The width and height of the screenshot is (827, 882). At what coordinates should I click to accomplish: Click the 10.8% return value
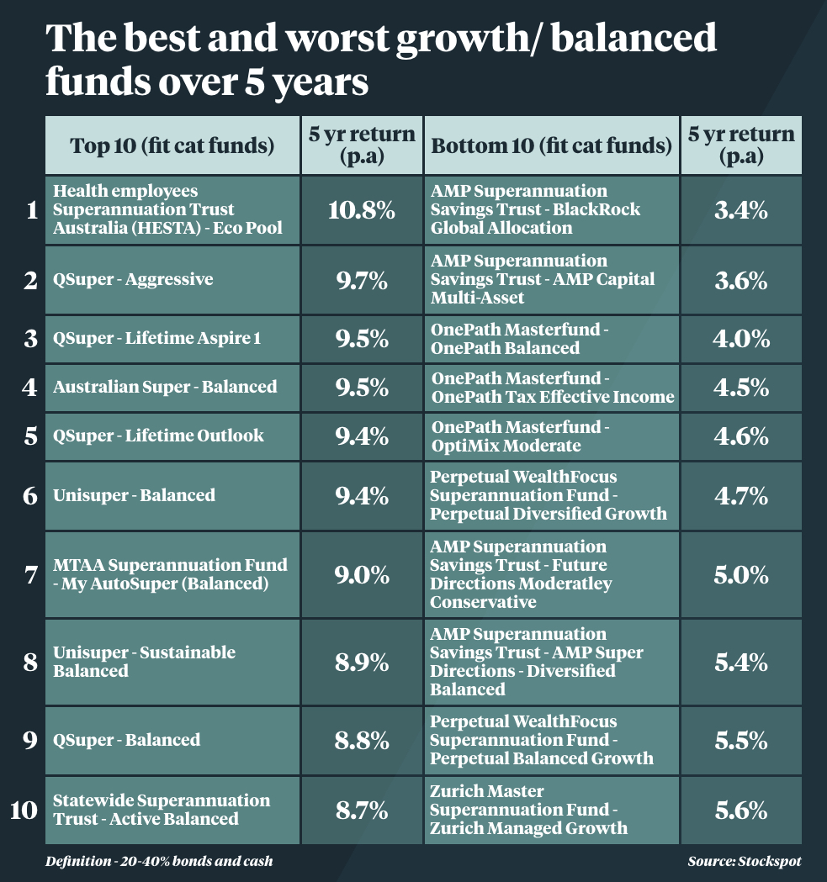point(361,210)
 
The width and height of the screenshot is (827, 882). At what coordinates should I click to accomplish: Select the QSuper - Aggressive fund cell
point(172,280)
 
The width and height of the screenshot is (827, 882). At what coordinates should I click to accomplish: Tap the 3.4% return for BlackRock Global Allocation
point(740,210)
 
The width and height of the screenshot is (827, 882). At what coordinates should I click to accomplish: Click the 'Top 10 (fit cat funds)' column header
point(172,145)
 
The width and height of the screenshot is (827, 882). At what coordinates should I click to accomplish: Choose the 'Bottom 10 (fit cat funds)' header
point(551,145)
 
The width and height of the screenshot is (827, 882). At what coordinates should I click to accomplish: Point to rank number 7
point(30,576)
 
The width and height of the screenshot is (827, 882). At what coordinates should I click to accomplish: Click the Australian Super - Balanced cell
point(172,388)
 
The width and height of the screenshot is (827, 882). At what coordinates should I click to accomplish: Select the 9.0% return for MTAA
point(361,576)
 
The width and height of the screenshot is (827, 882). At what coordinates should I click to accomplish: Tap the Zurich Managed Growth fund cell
point(551,810)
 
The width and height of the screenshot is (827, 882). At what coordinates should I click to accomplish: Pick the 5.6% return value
point(740,810)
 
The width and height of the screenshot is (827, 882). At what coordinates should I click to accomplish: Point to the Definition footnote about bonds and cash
point(160,861)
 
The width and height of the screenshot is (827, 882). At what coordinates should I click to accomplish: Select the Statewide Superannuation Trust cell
point(172,810)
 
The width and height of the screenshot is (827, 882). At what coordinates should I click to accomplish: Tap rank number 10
point(24,810)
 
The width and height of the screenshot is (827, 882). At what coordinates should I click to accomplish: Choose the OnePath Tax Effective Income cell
point(551,388)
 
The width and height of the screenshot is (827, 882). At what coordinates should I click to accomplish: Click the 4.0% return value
point(740,339)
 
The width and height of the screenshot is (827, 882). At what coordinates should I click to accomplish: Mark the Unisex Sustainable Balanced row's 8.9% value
point(361,663)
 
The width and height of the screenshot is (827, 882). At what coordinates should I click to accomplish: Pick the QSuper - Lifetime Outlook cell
point(172,436)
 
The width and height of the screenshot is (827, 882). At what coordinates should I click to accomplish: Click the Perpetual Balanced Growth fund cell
point(551,740)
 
